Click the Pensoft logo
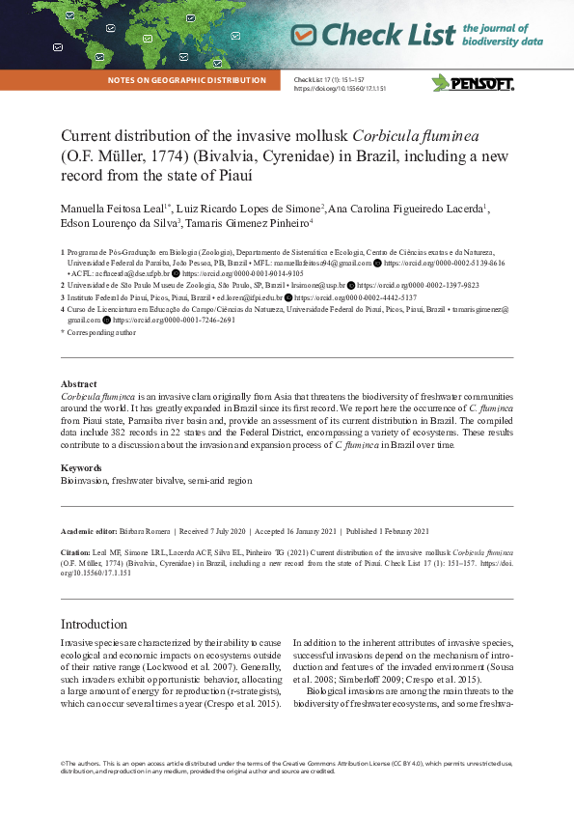click(x=473, y=82)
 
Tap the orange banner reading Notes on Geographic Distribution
click(x=187, y=80)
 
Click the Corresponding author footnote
click(x=99, y=331)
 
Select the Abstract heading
click(x=78, y=384)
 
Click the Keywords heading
click(x=81, y=467)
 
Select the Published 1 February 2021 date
click(x=388, y=531)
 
